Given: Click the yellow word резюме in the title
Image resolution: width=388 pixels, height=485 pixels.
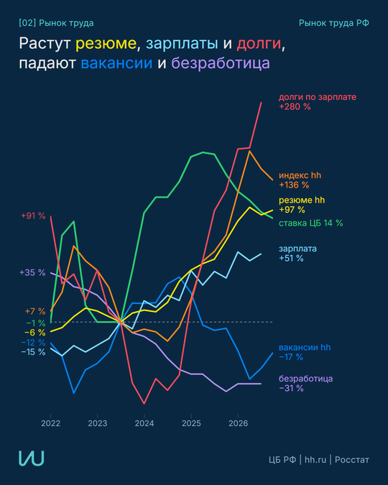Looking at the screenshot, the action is pos(106,44).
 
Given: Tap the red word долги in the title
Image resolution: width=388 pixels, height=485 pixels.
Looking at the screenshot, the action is pos(259,44).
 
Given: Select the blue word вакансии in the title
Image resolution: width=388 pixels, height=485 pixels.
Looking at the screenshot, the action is pos(116,63).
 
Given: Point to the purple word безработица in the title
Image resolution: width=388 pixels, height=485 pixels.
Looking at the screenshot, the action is pos(221,63).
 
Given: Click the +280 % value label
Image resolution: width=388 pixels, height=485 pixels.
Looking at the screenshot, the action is pos(295,107).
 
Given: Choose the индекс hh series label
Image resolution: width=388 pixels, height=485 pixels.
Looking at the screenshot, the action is pos(300,175).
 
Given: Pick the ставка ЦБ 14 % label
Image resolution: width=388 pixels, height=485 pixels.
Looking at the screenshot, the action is pos(311,223).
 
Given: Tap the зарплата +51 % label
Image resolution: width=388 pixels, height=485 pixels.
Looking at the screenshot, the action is pos(297,254).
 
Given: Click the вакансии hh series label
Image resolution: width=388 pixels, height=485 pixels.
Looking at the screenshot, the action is pos(305,347).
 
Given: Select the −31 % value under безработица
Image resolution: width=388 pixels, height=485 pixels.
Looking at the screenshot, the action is pos(291,388).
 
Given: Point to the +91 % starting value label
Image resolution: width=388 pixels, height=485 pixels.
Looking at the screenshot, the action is pos(33,216).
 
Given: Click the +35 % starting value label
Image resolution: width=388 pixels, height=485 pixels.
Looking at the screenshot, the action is pos(32,272).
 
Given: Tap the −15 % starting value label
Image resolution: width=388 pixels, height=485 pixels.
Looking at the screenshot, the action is pos(33,352).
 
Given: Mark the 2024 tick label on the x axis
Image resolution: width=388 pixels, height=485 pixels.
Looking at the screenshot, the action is pos(144,423).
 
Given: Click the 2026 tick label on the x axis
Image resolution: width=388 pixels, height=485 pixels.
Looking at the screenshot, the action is pos(239,423).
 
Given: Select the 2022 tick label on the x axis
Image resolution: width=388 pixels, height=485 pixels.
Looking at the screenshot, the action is pos(51,423).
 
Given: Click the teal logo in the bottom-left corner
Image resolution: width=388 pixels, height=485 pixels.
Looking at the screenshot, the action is pos(31,458).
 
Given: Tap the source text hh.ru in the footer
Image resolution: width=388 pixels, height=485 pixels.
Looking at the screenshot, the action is pos(315,460).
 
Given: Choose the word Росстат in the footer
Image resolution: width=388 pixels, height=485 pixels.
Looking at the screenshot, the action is pos(352,460).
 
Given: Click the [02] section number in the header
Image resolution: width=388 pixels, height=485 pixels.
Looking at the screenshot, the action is pos(27,23).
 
